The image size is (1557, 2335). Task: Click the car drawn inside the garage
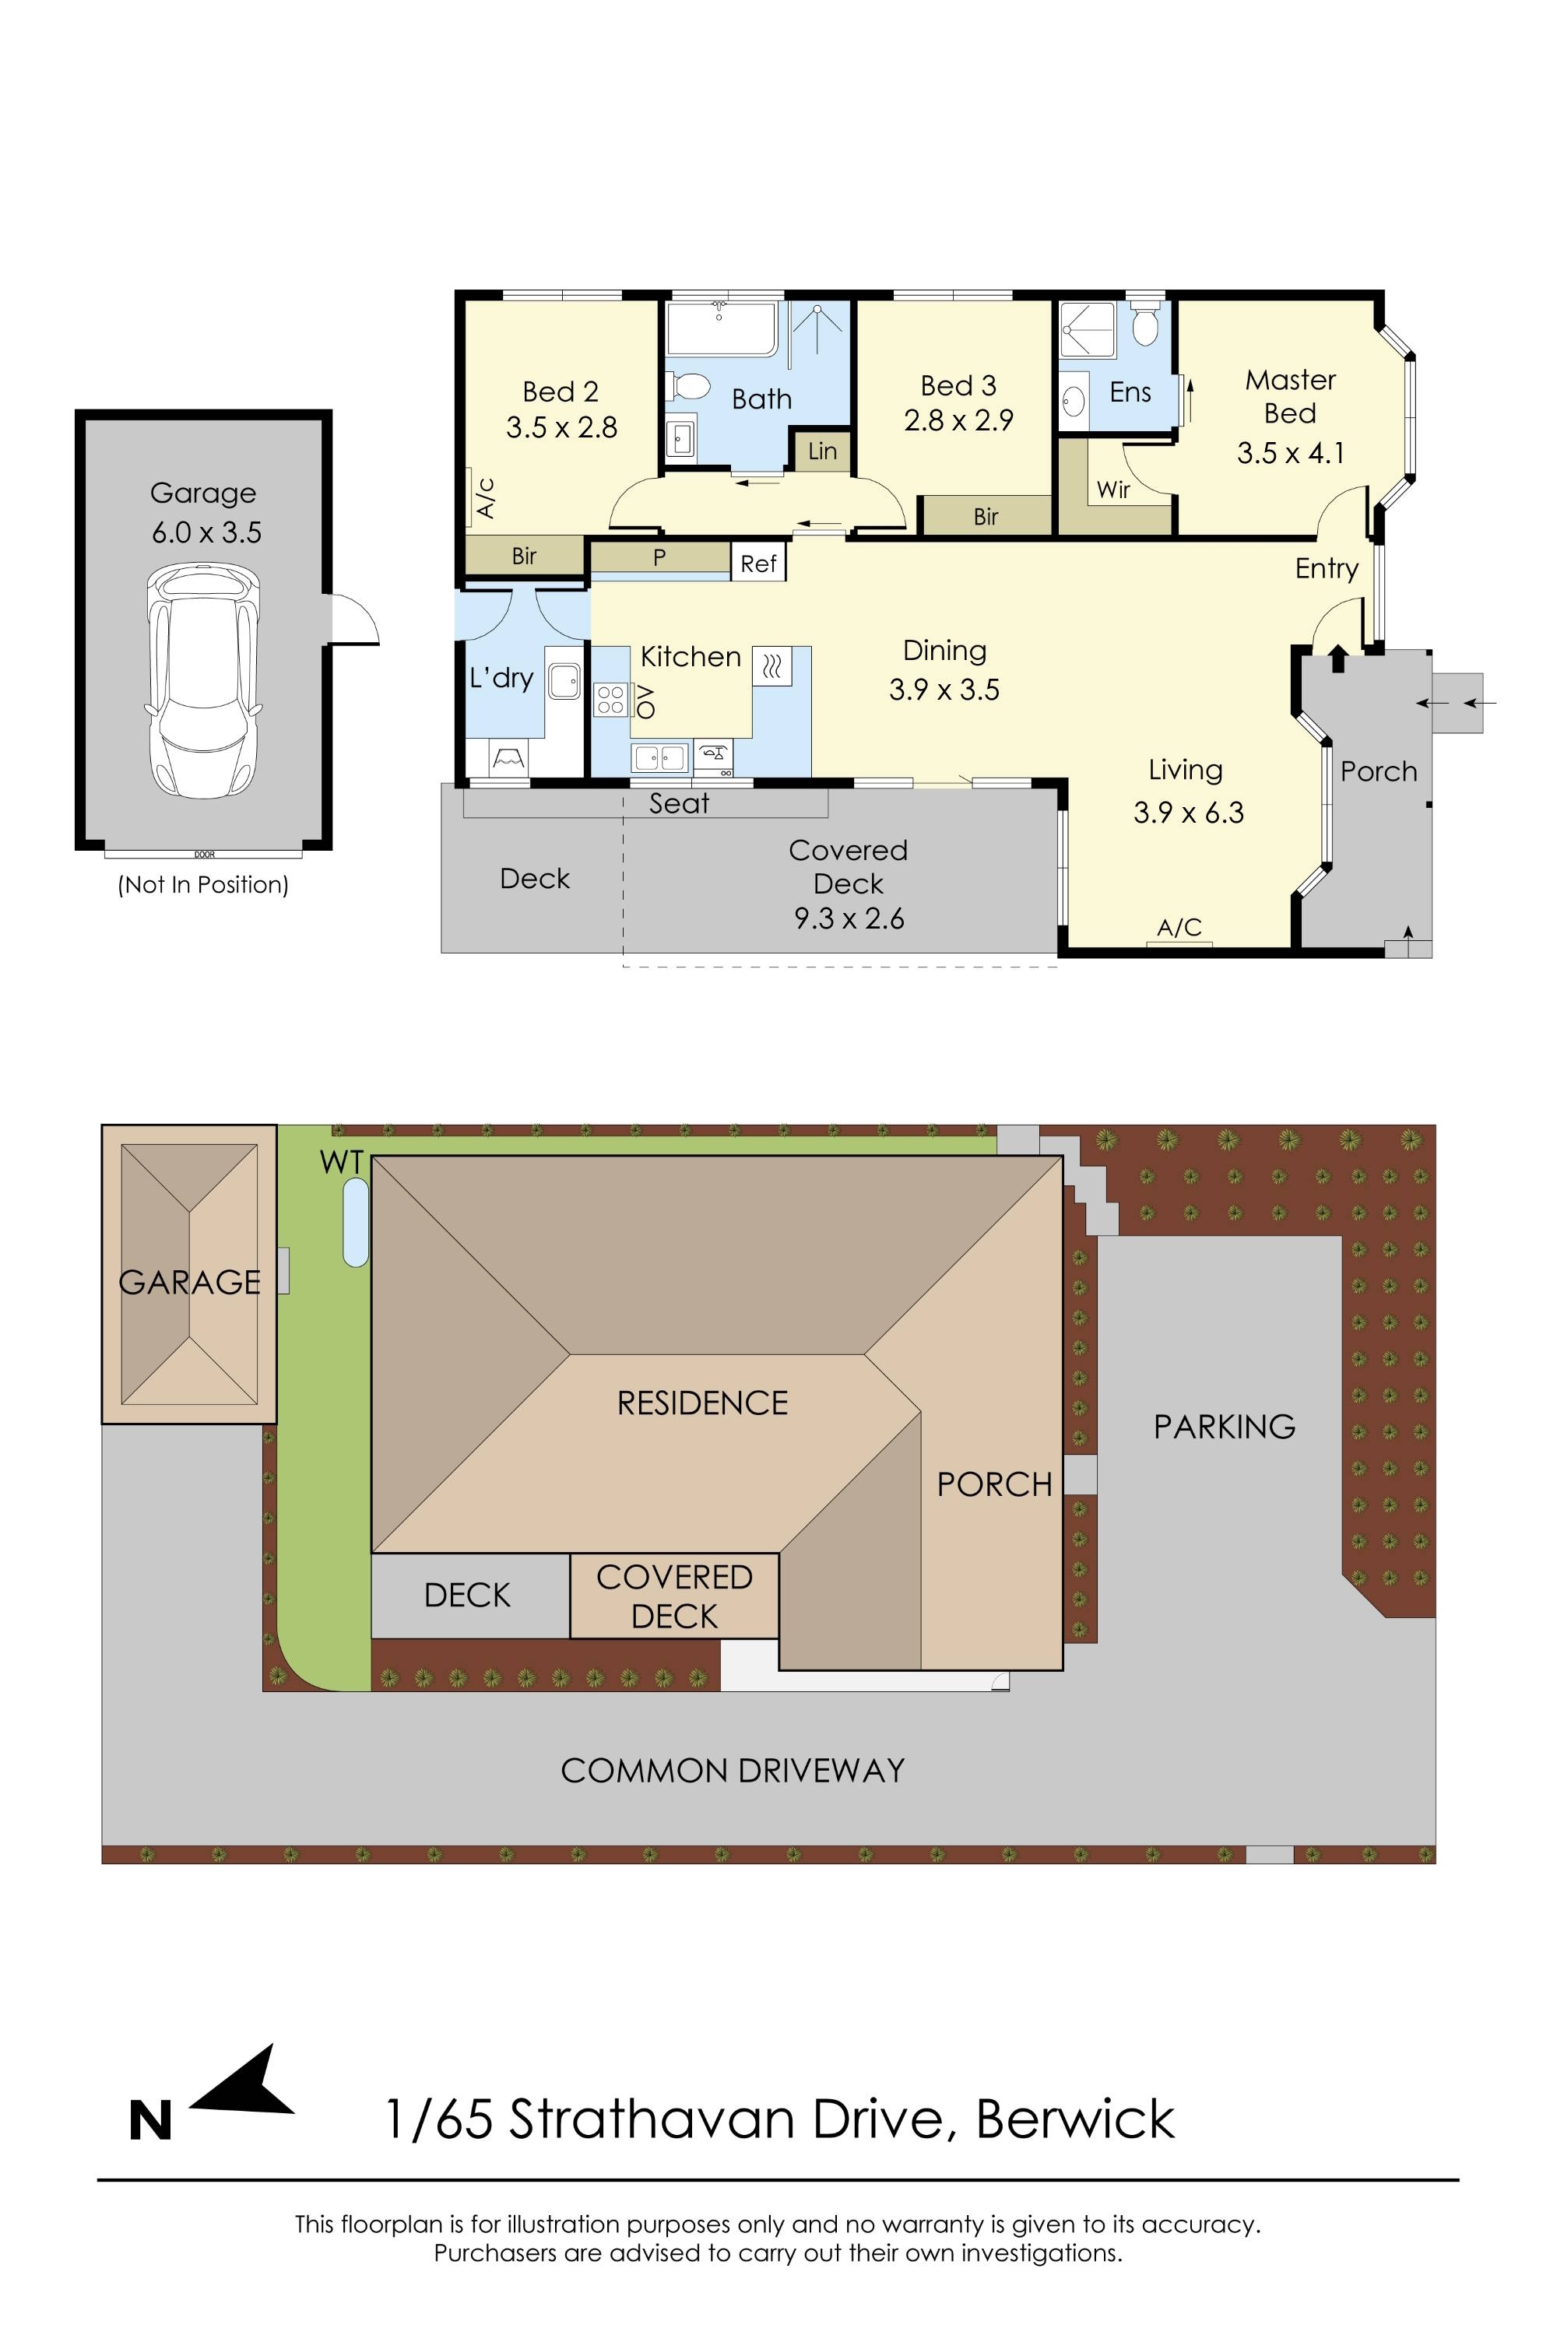coord(205,681)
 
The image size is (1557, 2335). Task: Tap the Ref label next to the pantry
coord(757,564)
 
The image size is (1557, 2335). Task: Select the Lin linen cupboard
coord(822,451)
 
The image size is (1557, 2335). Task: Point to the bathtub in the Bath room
coord(721,329)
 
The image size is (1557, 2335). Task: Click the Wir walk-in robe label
coord(1113,490)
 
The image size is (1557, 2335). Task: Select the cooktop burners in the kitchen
coord(610,700)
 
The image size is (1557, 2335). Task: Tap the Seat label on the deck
coord(678,803)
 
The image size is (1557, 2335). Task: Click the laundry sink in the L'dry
coord(565,681)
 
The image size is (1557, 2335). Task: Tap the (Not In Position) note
coord(202,884)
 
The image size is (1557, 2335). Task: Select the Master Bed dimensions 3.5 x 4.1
coord(1290,454)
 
